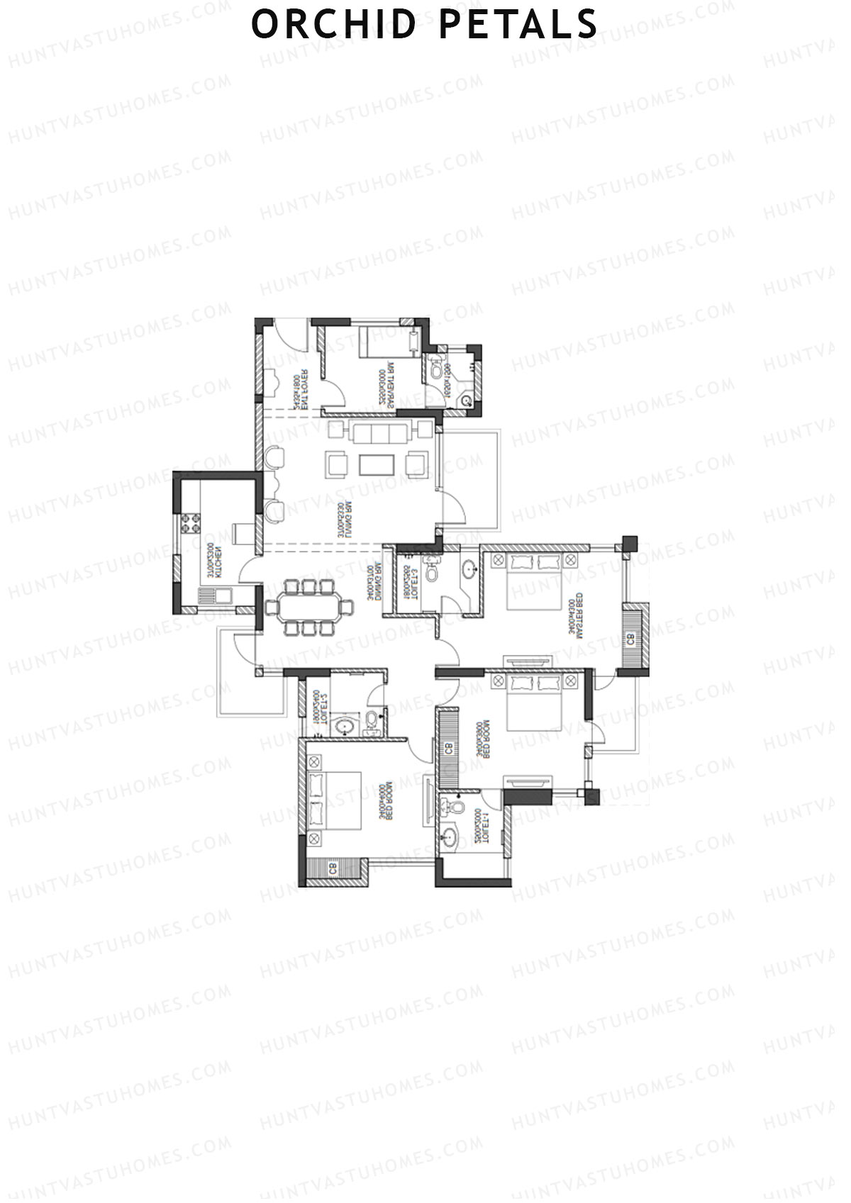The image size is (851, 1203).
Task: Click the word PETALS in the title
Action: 519,24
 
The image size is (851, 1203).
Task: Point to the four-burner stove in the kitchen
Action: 191,524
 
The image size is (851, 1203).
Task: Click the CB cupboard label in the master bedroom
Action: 630,639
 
